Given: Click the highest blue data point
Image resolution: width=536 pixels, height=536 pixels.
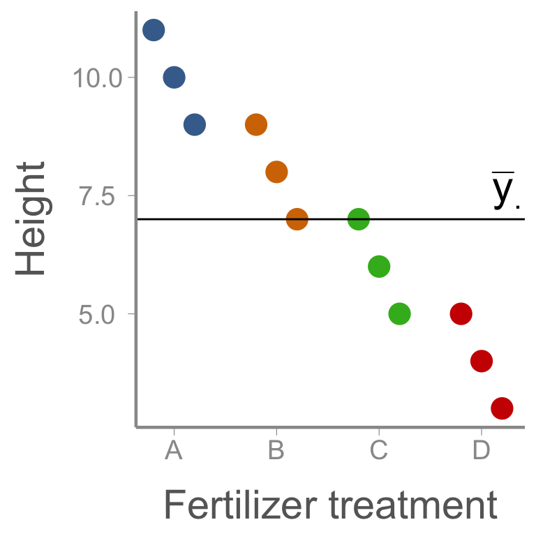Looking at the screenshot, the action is tap(154, 30).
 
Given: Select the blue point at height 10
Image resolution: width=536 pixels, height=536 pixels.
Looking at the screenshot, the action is tap(174, 77).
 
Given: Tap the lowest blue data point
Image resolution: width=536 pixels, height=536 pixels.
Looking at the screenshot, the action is tap(195, 124).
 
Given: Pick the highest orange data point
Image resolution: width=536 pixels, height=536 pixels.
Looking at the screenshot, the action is tap(256, 124).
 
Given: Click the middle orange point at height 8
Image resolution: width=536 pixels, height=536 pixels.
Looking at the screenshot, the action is tap(276, 172).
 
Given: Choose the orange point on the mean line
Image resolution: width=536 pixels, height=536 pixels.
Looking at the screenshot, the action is tap(297, 218).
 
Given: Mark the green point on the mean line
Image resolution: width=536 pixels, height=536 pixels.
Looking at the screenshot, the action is tap(359, 218).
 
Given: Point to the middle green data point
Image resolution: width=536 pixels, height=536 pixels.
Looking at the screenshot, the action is tap(379, 267).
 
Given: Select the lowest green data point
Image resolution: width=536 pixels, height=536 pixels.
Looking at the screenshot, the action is tap(400, 313).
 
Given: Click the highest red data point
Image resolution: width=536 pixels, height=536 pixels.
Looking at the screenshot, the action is tap(461, 313).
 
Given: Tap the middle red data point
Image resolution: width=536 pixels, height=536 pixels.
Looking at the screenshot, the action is tap(482, 361).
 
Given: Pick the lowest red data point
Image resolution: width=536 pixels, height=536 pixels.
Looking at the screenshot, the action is tap(502, 408).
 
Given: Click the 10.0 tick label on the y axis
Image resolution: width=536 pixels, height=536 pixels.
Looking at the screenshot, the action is tap(98, 78).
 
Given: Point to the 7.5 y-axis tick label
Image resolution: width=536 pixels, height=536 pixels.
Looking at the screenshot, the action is tap(97, 196).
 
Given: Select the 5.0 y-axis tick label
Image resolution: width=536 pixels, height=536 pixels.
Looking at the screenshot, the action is tap(96, 315).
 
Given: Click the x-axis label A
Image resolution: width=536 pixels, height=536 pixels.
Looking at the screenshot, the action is tap(174, 450).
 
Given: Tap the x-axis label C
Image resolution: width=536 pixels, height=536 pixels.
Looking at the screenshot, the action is tap(379, 450).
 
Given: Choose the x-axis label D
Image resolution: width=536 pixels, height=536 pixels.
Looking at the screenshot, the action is tap(482, 450).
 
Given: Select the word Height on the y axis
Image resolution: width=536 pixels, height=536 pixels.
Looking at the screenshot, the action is tap(30, 218).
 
